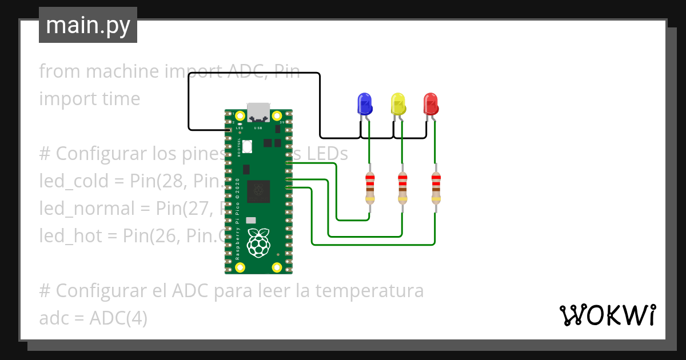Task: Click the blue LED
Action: [x=364, y=104]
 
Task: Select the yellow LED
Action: [x=398, y=104]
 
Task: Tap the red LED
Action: [x=431, y=104]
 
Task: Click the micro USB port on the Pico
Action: [x=258, y=111]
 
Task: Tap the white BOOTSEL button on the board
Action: [x=247, y=146]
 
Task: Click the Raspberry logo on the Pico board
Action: [x=258, y=242]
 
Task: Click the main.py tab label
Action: [x=88, y=25]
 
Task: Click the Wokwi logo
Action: [x=608, y=315]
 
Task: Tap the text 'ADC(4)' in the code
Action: [x=118, y=318]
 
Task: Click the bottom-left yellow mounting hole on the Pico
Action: [x=240, y=267]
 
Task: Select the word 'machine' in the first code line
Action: [x=122, y=71]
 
